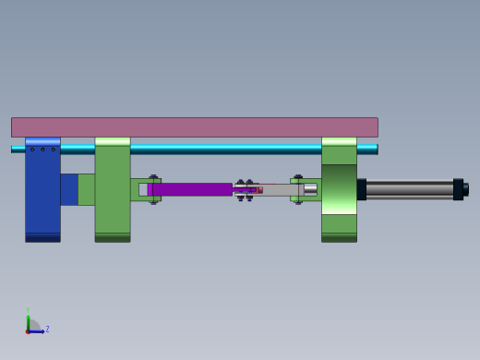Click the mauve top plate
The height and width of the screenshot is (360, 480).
click(x=194, y=127)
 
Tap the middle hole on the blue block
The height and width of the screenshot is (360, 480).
click(x=42, y=150)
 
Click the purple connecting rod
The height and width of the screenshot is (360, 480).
click(x=189, y=189)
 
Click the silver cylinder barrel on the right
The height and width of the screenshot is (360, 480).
click(x=409, y=189)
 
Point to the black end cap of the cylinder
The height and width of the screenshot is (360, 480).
click(x=458, y=189)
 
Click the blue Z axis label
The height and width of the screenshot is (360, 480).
click(x=47, y=329)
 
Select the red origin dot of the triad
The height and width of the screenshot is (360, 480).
click(x=28, y=330)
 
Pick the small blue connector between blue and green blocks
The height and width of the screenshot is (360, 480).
click(x=69, y=189)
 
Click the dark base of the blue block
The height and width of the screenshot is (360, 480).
click(x=42, y=237)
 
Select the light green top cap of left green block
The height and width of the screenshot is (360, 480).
click(x=113, y=141)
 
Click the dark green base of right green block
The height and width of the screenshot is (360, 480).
click(x=339, y=237)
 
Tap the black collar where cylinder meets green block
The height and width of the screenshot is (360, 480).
click(x=362, y=189)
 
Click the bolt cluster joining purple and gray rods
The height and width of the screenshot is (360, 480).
click(x=246, y=189)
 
